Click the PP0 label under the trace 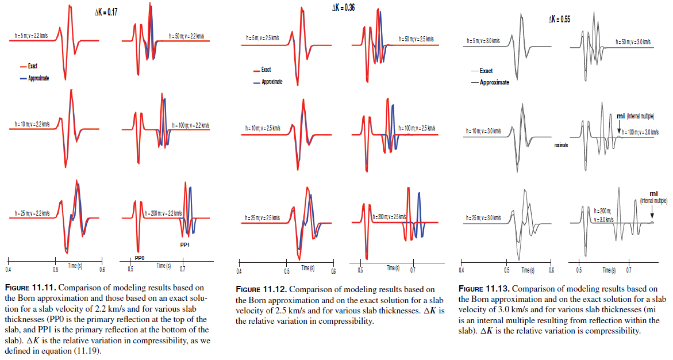pos(139,258)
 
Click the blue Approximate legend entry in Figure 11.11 pos(38,78)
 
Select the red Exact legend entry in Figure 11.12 pos(266,70)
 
